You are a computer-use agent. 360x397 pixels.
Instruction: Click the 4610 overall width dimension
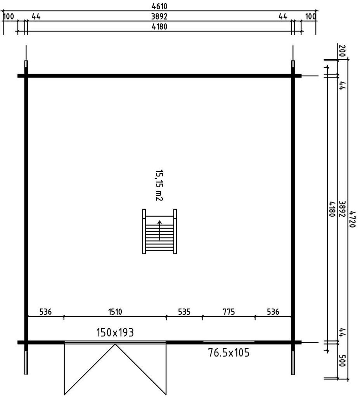(x=159, y=6)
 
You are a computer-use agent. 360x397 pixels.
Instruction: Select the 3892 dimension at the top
(x=159, y=16)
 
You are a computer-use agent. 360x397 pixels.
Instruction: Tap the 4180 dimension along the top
(x=159, y=27)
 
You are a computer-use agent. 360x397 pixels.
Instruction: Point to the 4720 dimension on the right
(x=352, y=219)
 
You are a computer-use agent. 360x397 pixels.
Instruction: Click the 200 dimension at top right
(x=342, y=51)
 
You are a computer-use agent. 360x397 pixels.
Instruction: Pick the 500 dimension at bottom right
(x=342, y=361)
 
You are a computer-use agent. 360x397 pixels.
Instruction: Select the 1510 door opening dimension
(x=115, y=312)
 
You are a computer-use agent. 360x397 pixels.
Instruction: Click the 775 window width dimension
(x=229, y=312)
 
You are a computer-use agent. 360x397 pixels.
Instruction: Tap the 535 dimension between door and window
(x=184, y=312)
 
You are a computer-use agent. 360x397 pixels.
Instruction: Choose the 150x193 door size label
(x=115, y=333)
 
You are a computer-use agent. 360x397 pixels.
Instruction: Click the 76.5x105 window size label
(x=229, y=352)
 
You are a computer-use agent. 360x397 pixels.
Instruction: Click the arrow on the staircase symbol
(x=159, y=230)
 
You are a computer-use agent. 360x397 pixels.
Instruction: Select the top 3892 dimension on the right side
(x=342, y=209)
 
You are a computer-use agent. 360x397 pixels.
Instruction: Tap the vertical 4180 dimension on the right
(x=332, y=209)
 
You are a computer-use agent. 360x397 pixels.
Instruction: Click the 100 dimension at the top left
(x=9, y=17)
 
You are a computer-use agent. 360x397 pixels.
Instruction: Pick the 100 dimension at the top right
(x=311, y=17)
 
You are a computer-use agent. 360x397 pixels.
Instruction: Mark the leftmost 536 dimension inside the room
(x=46, y=312)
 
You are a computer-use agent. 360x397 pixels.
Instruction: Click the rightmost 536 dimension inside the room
(x=273, y=312)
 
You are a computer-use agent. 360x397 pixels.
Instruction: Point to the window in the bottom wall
(x=229, y=342)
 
